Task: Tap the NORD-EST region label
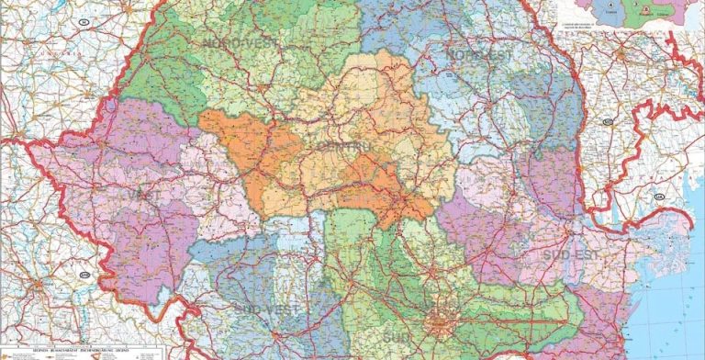[x=477, y=55]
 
